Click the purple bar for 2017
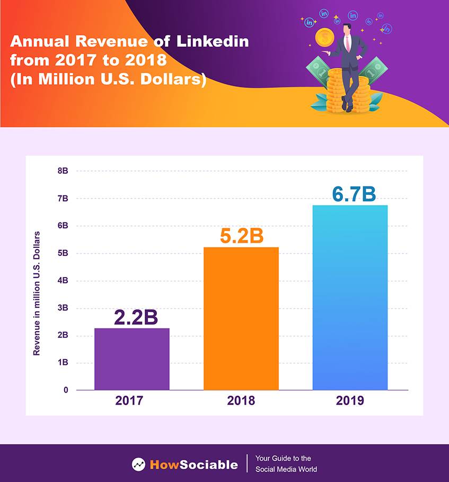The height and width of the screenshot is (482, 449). coord(132,359)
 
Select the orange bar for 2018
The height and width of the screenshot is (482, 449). coord(241,318)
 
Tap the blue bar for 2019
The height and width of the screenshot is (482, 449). coord(350,297)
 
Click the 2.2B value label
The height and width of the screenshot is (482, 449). coord(136,317)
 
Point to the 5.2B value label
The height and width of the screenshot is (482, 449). coord(241,236)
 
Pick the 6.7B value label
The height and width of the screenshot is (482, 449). coord(354,194)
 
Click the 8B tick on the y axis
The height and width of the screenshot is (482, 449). coord(63,171)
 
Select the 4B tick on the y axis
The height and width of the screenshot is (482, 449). coord(63,281)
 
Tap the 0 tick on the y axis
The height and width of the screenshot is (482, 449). coord(66,390)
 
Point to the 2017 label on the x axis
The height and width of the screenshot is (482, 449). coord(129,400)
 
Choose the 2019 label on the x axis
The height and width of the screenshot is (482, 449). coord(350,400)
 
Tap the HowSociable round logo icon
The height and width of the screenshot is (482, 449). coord(139,465)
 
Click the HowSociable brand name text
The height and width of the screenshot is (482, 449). coord(194,465)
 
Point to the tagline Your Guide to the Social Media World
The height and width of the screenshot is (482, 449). coord(286,464)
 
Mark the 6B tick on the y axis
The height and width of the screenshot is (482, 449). coord(63,226)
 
